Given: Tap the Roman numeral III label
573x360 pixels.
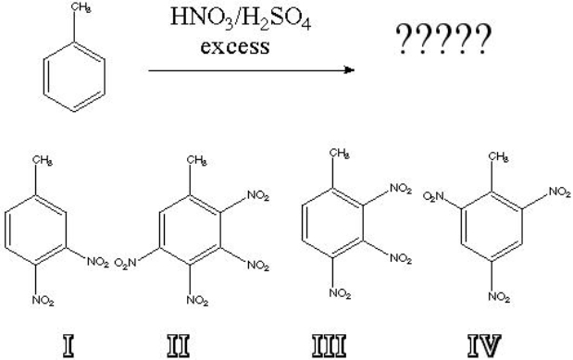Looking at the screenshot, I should pyautogui.click(x=339, y=347).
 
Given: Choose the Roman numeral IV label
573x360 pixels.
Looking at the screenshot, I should pyautogui.click(x=488, y=347).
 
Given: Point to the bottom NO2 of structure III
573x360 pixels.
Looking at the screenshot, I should pyautogui.click(x=342, y=295).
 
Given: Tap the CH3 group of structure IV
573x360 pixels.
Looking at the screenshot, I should pyautogui.click(x=498, y=158).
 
